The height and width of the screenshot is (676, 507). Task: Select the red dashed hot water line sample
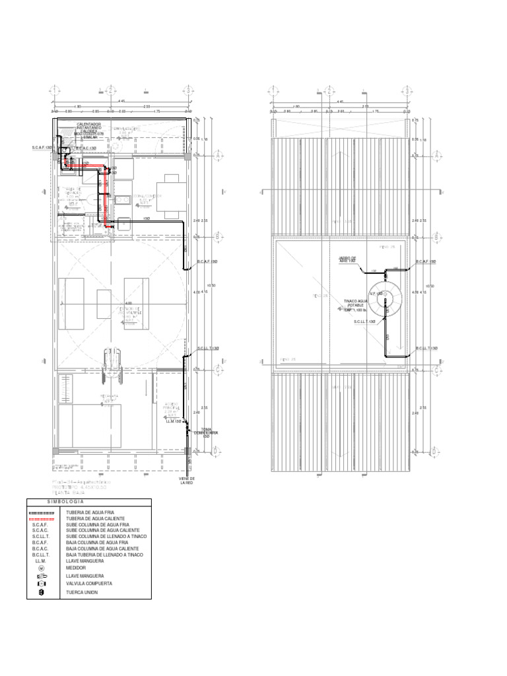point(42,520)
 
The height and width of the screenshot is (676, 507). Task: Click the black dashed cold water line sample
point(42,513)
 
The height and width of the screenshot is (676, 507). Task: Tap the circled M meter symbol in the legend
point(42,567)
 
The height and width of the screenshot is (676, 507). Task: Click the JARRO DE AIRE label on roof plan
point(347,259)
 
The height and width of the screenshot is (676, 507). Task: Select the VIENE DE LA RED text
point(187,481)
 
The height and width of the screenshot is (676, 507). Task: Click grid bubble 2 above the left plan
point(112,90)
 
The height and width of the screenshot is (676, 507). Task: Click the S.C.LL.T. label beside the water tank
point(364,321)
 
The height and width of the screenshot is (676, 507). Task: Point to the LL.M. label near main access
point(174,420)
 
